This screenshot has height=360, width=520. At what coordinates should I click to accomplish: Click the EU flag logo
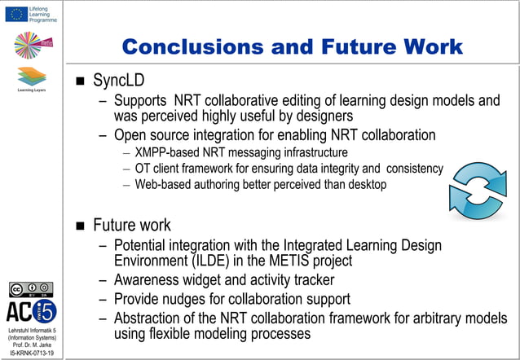(15, 14)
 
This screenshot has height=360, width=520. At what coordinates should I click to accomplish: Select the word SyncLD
(120, 81)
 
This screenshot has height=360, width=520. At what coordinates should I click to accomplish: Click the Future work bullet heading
(132, 225)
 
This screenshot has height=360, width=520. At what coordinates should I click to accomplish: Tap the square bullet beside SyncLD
(80, 82)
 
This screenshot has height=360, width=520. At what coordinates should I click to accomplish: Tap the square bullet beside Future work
(80, 226)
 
